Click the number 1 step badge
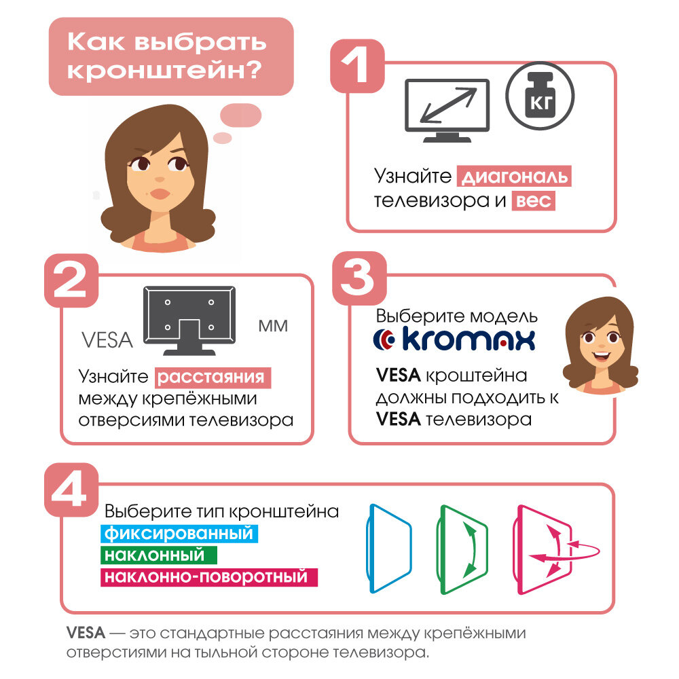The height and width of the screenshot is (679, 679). [357, 66]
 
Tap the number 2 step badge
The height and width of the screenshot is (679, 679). [71, 280]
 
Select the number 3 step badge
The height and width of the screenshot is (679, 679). [359, 278]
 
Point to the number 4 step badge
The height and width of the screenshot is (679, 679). [71, 490]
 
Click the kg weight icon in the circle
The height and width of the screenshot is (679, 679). [540, 96]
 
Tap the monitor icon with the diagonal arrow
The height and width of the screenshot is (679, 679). [447, 111]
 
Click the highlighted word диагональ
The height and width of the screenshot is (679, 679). [514, 177]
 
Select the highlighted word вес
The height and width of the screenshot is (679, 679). [534, 200]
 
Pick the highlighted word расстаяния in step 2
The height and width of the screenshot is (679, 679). [213, 378]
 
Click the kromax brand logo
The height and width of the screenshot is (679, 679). [454, 339]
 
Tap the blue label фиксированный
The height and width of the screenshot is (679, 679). [179, 534]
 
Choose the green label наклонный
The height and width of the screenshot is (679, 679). [158, 555]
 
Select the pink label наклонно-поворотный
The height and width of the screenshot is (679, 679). [209, 577]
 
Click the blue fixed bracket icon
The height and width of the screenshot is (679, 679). [389, 549]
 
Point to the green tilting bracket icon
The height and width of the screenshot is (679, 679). [462, 550]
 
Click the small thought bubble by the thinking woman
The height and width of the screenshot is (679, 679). [223, 138]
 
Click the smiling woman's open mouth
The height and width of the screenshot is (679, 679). [602, 356]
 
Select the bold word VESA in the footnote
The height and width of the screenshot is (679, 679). [86, 633]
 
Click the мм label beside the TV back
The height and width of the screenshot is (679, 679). [273, 326]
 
